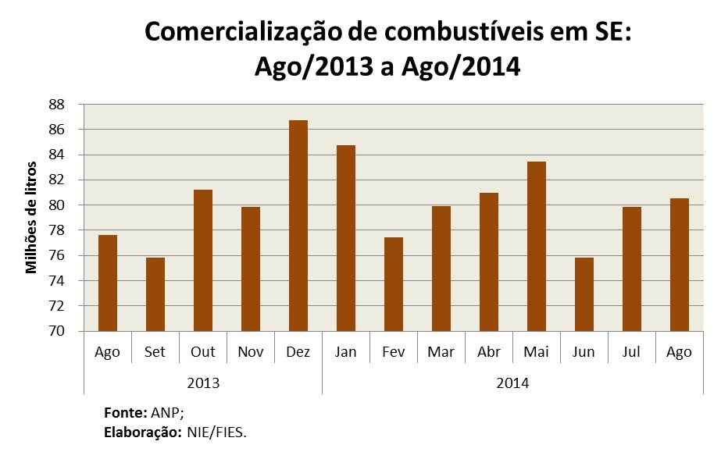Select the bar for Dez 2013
pos(298,226)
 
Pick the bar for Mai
pos(536,247)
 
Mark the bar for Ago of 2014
pos(679,265)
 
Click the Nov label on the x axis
pos(251,352)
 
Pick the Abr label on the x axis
pos(489,352)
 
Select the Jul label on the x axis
pos(632,352)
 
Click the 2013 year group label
pos(203,383)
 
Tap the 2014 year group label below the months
pos(512,383)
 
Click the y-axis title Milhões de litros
pos(31,218)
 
